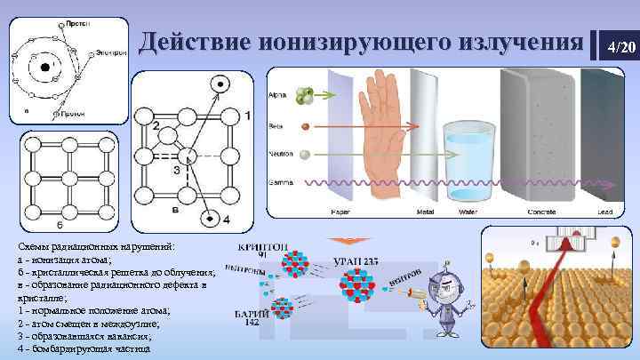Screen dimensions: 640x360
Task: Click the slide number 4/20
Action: pos(620,46)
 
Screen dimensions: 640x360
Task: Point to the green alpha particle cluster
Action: pos(306,94)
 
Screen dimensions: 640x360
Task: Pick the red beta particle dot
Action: pos(306,126)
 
